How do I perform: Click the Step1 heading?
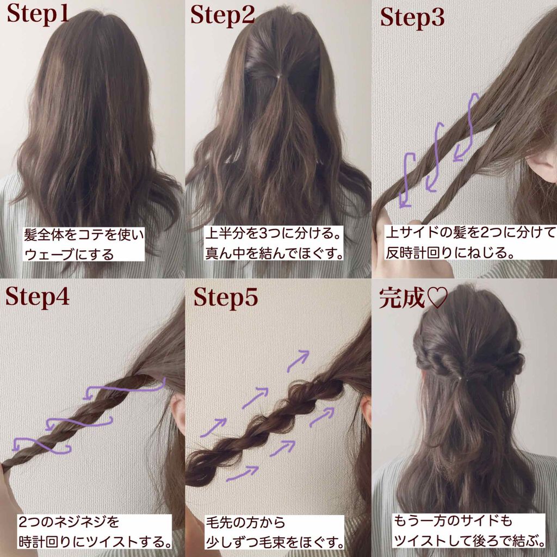point(38,15)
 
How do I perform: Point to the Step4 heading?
point(38,297)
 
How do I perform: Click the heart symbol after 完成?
point(436,299)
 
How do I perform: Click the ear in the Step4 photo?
point(177,413)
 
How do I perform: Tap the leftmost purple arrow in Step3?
point(407,180)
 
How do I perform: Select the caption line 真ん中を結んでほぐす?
point(276,253)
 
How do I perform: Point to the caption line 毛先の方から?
point(245,523)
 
